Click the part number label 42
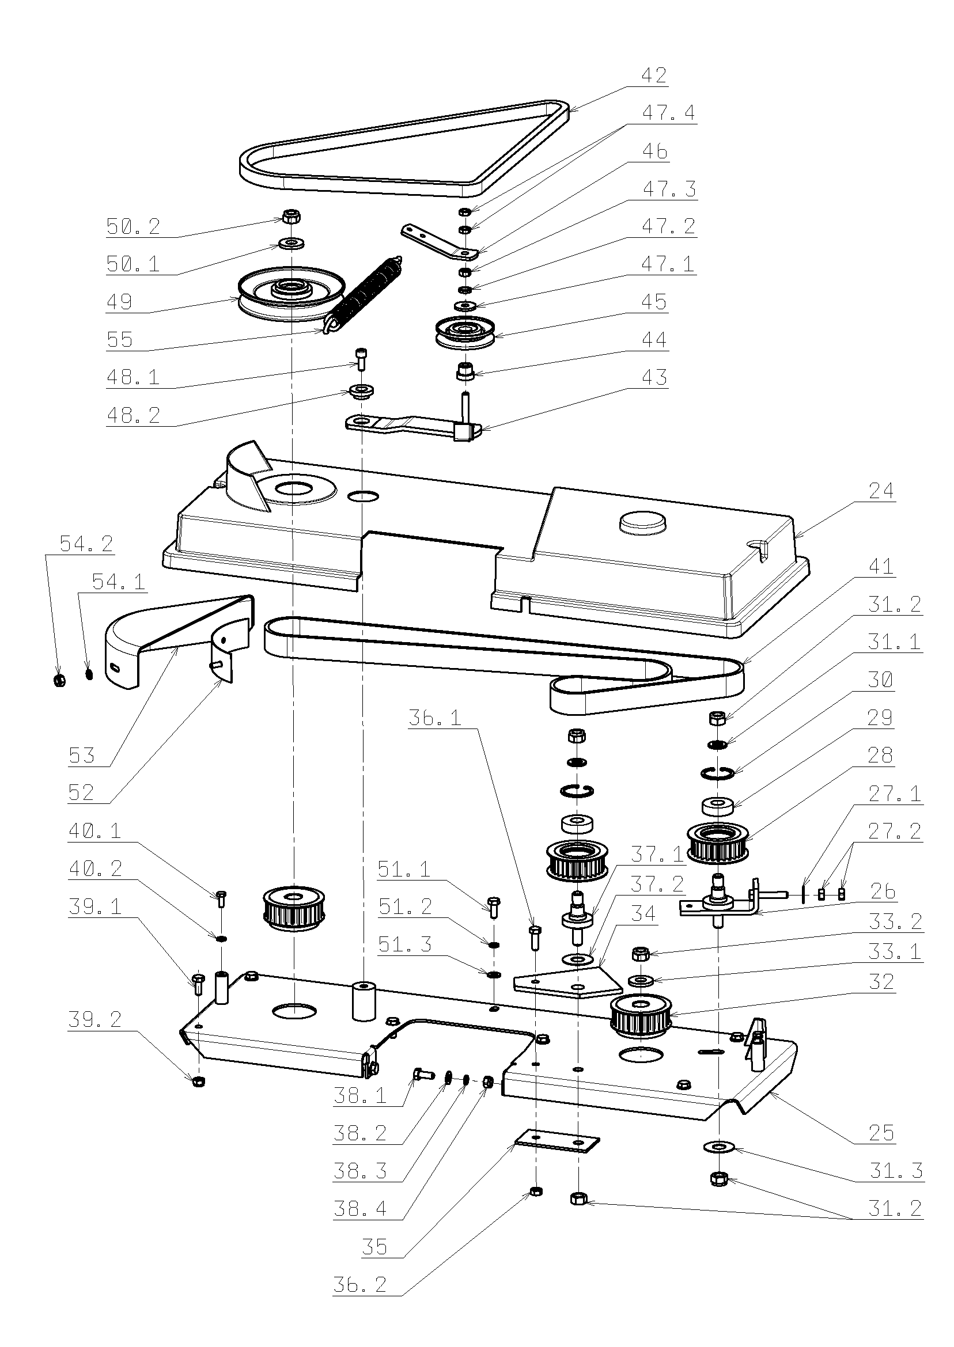(x=653, y=76)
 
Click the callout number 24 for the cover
(x=881, y=491)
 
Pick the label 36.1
(x=435, y=718)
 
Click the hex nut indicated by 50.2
(x=291, y=217)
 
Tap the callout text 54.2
(x=86, y=544)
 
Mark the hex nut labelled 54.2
(x=59, y=680)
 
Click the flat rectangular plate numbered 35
(x=557, y=1142)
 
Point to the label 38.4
(x=359, y=1209)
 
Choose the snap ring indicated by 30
(x=718, y=773)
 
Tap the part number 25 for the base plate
(x=881, y=1133)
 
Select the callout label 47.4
(x=668, y=113)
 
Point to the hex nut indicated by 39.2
(x=199, y=1081)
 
